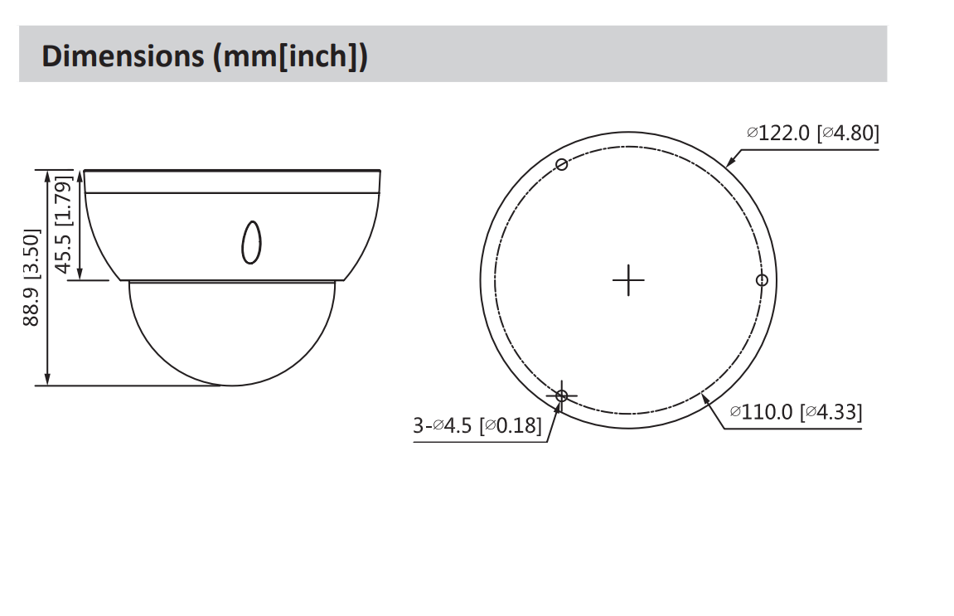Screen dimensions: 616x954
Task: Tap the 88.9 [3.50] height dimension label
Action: pos(31,278)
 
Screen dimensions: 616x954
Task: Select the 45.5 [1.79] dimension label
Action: pos(63,224)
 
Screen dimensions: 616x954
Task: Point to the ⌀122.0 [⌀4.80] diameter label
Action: pos(812,133)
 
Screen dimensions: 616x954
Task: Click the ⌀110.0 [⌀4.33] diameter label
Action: pos(796,412)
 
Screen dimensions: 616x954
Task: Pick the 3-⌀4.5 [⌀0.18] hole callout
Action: pos(477,426)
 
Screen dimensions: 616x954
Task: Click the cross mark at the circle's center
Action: pos(628,281)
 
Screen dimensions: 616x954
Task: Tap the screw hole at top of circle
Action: pos(562,164)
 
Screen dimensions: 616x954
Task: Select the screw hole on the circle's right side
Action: pos(763,280)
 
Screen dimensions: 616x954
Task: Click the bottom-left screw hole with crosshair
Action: pos(562,395)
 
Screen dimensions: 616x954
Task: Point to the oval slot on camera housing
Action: pos(250,242)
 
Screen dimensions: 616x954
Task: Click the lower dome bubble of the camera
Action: pos(231,336)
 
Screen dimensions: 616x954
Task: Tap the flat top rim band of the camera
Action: pos(232,182)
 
